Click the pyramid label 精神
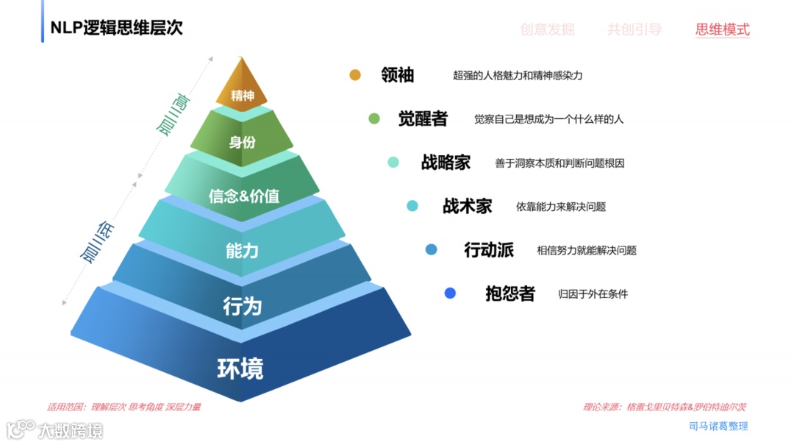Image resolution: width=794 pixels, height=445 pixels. click(242, 96)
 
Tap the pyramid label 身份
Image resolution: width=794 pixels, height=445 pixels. click(242, 142)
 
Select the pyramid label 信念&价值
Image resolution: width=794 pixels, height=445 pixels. click(243, 196)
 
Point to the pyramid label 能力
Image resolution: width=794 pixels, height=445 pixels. click(242, 250)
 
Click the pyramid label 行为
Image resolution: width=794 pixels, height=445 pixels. click(242, 305)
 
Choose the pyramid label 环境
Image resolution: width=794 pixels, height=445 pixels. click(240, 368)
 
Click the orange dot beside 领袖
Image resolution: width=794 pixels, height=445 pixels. click(355, 75)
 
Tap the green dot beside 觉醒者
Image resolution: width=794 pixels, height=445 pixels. click(374, 118)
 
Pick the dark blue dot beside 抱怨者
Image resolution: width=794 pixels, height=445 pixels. click(450, 293)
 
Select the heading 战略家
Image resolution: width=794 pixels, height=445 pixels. click(446, 163)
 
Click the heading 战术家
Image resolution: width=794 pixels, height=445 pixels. click(467, 206)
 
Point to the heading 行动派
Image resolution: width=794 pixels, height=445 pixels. click(488, 250)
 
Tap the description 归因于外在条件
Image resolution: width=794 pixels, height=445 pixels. click(593, 294)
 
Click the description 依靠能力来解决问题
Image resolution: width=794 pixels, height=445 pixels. click(561, 207)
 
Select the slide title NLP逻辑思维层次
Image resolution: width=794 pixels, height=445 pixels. click(116, 28)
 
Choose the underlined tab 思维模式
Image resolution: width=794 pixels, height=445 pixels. click(722, 30)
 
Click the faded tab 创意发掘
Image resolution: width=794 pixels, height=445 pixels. click(547, 30)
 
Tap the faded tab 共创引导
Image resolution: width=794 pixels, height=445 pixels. click(634, 30)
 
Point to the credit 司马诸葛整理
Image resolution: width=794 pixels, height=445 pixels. click(718, 426)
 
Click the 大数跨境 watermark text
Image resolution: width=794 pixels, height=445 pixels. click(71, 430)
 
